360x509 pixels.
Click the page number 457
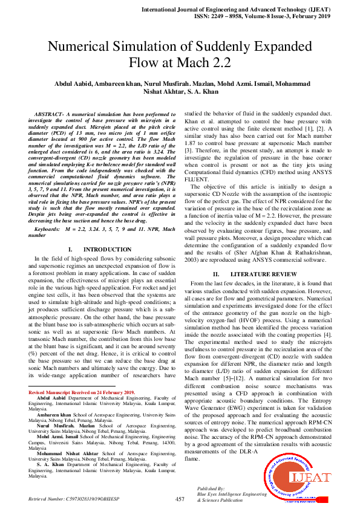pyautogui.click(x=180, y=499)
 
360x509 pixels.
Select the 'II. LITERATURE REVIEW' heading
pyautogui.click(x=255, y=274)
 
